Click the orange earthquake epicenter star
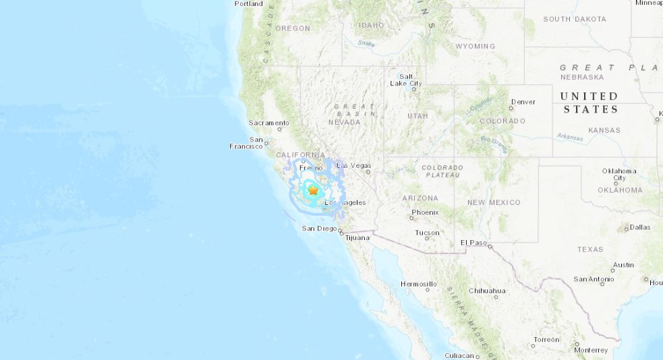pyautogui.click(x=313, y=191)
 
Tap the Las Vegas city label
pyautogui.click(x=353, y=165)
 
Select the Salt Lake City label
pyautogui.click(x=406, y=80)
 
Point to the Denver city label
pyautogui.click(x=523, y=102)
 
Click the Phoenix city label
pyautogui.click(x=425, y=212)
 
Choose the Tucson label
pyautogui.click(x=427, y=233)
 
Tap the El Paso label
pyautogui.click(x=473, y=242)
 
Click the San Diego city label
pyautogui.click(x=319, y=229)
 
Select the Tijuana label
pyautogui.click(x=357, y=238)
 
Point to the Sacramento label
pyautogui.click(x=268, y=123)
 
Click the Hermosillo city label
pyautogui.click(x=418, y=284)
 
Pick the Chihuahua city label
pyautogui.click(x=487, y=291)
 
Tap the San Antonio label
pyautogui.click(x=593, y=278)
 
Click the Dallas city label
pyautogui.click(x=640, y=227)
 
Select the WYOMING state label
pyautogui.click(x=475, y=47)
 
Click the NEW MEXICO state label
pyautogui.click(x=494, y=202)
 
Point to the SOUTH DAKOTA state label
pyautogui.click(x=575, y=19)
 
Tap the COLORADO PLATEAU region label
pyautogui.click(x=442, y=171)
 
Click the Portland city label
pyautogui.click(x=248, y=3)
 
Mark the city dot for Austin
pyautogui.click(x=613, y=271)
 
